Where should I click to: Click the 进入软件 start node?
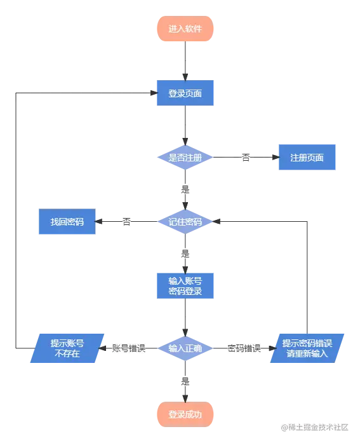point(185,29)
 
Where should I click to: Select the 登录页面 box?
point(185,93)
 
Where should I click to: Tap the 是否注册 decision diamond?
point(185,157)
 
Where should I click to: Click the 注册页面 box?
point(307,157)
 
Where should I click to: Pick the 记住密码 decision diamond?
point(185,222)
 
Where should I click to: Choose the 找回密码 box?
point(67,222)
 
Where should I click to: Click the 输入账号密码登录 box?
point(185,285)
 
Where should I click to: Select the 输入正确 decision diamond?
point(185,348)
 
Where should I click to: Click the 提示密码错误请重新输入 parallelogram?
point(307,348)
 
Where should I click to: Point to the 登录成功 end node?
point(185,414)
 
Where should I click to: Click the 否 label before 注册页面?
point(246,156)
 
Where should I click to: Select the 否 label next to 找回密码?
point(127,222)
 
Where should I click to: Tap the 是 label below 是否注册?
point(185,189)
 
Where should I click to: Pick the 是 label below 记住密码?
point(185,253)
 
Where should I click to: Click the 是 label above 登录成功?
point(185,382)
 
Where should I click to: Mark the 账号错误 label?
point(130,348)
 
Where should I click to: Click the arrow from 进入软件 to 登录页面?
point(185,60)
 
